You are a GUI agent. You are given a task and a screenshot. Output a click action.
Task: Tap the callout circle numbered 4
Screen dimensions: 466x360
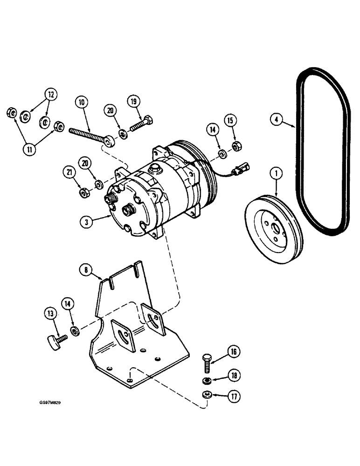click(x=277, y=120)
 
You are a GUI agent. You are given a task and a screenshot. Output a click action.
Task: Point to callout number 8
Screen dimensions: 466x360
click(x=86, y=269)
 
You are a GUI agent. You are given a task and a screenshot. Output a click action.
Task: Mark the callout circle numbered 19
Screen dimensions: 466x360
click(x=133, y=101)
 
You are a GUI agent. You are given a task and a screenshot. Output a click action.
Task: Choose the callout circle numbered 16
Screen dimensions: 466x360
click(x=234, y=351)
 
